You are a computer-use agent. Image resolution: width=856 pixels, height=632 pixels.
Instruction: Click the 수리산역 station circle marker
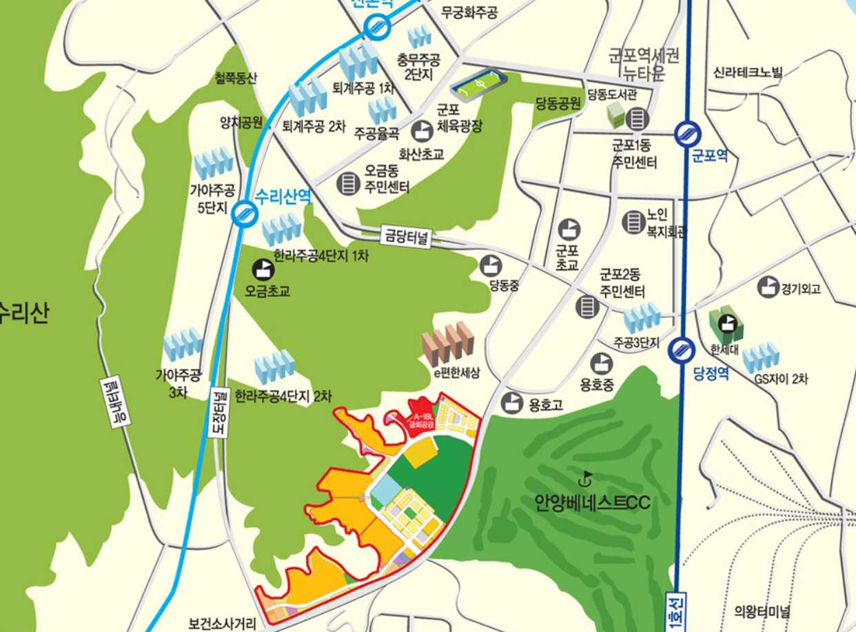[x=244, y=214]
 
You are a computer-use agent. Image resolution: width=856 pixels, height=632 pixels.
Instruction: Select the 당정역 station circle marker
[x=682, y=349]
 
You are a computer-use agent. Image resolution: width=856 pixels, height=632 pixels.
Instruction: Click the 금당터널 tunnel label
[x=406, y=238]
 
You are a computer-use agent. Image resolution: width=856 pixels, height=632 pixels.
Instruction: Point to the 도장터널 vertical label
[x=218, y=411]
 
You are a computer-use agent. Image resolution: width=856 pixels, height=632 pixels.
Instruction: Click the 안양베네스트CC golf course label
[x=592, y=502]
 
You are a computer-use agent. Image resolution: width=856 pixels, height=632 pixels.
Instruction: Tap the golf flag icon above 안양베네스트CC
[x=587, y=476]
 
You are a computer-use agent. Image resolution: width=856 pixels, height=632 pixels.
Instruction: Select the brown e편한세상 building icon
[x=448, y=344]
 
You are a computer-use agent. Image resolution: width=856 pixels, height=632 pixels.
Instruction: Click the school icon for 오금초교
[x=263, y=268]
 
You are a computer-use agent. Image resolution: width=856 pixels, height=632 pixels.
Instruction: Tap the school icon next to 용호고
[x=512, y=402]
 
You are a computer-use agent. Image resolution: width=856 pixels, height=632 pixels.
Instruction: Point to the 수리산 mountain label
[x=24, y=314]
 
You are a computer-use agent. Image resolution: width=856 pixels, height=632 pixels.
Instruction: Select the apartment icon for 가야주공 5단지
[x=214, y=164]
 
